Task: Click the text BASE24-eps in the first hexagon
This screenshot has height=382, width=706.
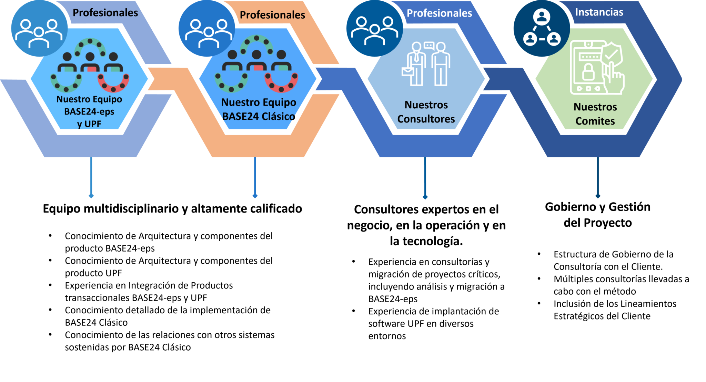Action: (x=89, y=111)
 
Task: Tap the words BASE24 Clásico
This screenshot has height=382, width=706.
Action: (x=259, y=116)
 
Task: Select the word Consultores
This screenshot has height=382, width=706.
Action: (x=426, y=119)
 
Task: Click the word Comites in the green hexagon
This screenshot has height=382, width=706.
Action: (x=595, y=121)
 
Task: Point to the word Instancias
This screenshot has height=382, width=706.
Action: (x=599, y=12)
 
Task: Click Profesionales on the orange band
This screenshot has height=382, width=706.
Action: (x=272, y=15)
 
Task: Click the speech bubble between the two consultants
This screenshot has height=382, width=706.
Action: (x=428, y=45)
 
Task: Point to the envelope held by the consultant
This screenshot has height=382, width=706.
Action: (x=407, y=71)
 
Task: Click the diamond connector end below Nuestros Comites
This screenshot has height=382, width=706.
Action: (x=598, y=196)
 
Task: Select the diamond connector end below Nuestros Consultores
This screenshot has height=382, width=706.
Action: (x=425, y=197)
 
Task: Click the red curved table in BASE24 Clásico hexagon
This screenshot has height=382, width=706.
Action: (x=281, y=84)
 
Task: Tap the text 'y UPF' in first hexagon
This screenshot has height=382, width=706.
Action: (x=89, y=124)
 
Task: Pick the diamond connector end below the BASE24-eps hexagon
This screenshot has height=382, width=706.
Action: (x=91, y=196)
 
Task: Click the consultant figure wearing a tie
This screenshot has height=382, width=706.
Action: (x=416, y=64)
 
